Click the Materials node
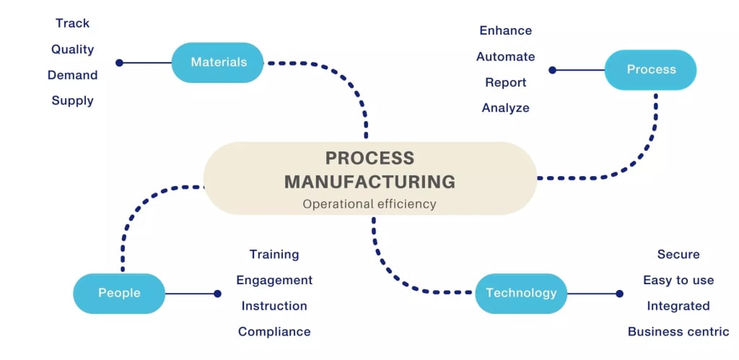(218, 63)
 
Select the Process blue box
(650, 70)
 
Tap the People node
(119, 294)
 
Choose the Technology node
(521, 294)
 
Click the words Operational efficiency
(369, 204)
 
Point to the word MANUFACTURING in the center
(369, 181)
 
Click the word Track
(73, 23)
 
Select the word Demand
(73, 75)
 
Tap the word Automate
(506, 56)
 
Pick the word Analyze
(506, 108)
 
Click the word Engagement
(274, 280)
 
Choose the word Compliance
(274, 332)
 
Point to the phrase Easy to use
(678, 280)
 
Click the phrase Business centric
(678, 332)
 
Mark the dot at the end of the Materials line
(120, 63)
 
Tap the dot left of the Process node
(552, 70)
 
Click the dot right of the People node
(217, 294)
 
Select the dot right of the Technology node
(619, 294)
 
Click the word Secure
(678, 254)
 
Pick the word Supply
(73, 101)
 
